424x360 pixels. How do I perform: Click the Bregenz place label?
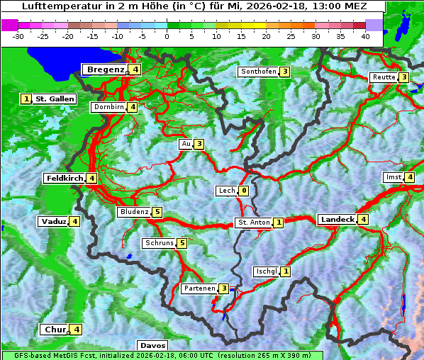point(106,69)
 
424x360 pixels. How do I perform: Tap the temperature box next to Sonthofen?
point(284,72)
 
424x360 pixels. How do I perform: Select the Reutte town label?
point(384,77)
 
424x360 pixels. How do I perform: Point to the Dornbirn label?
point(108,107)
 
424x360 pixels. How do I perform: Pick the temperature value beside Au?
point(199,144)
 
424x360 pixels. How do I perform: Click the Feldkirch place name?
point(65,178)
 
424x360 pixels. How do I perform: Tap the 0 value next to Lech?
point(244,191)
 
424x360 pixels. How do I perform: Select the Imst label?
point(393,176)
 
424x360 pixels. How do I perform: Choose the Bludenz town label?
point(134,212)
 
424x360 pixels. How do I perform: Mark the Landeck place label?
point(337,220)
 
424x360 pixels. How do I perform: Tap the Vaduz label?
point(54,222)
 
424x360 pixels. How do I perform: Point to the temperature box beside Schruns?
point(182,243)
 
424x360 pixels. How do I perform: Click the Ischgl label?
point(267,271)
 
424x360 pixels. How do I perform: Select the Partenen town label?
point(199,288)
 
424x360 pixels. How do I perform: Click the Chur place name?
point(55,330)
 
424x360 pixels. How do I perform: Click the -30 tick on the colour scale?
point(19,35)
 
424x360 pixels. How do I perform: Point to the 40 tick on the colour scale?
point(365,35)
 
